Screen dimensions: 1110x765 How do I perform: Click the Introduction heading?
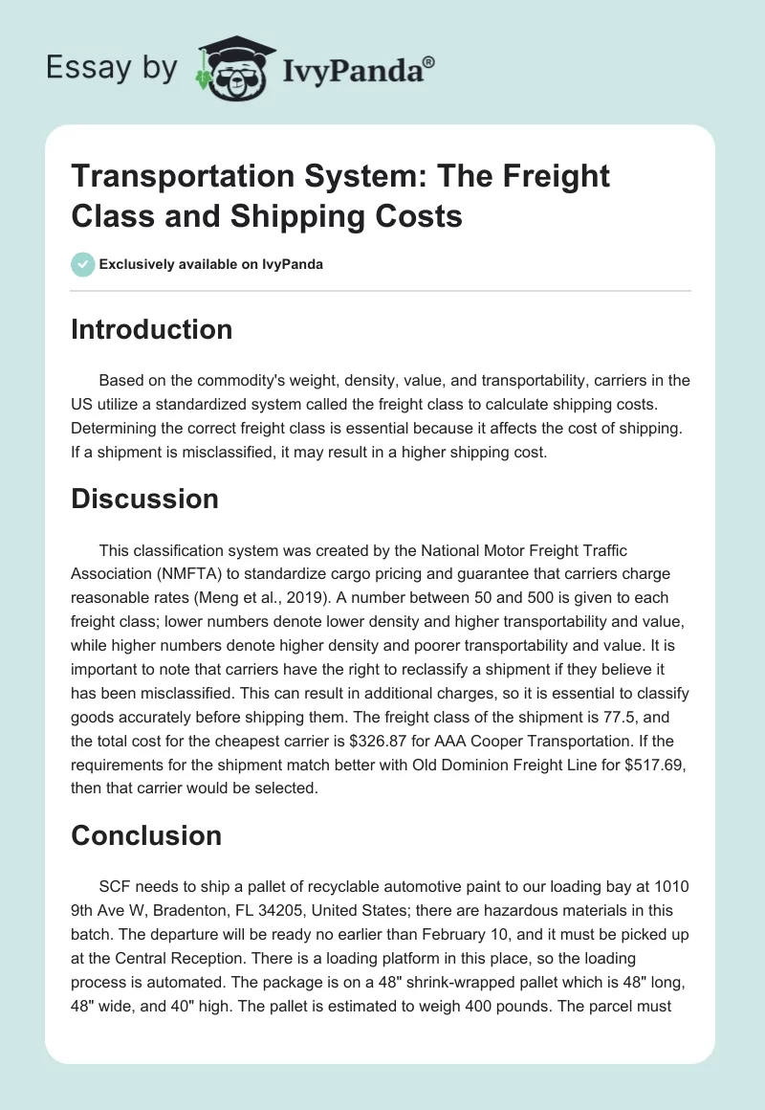click(152, 329)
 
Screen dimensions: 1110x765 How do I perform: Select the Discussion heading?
click(144, 499)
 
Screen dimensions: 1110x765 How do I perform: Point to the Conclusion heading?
click(146, 835)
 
